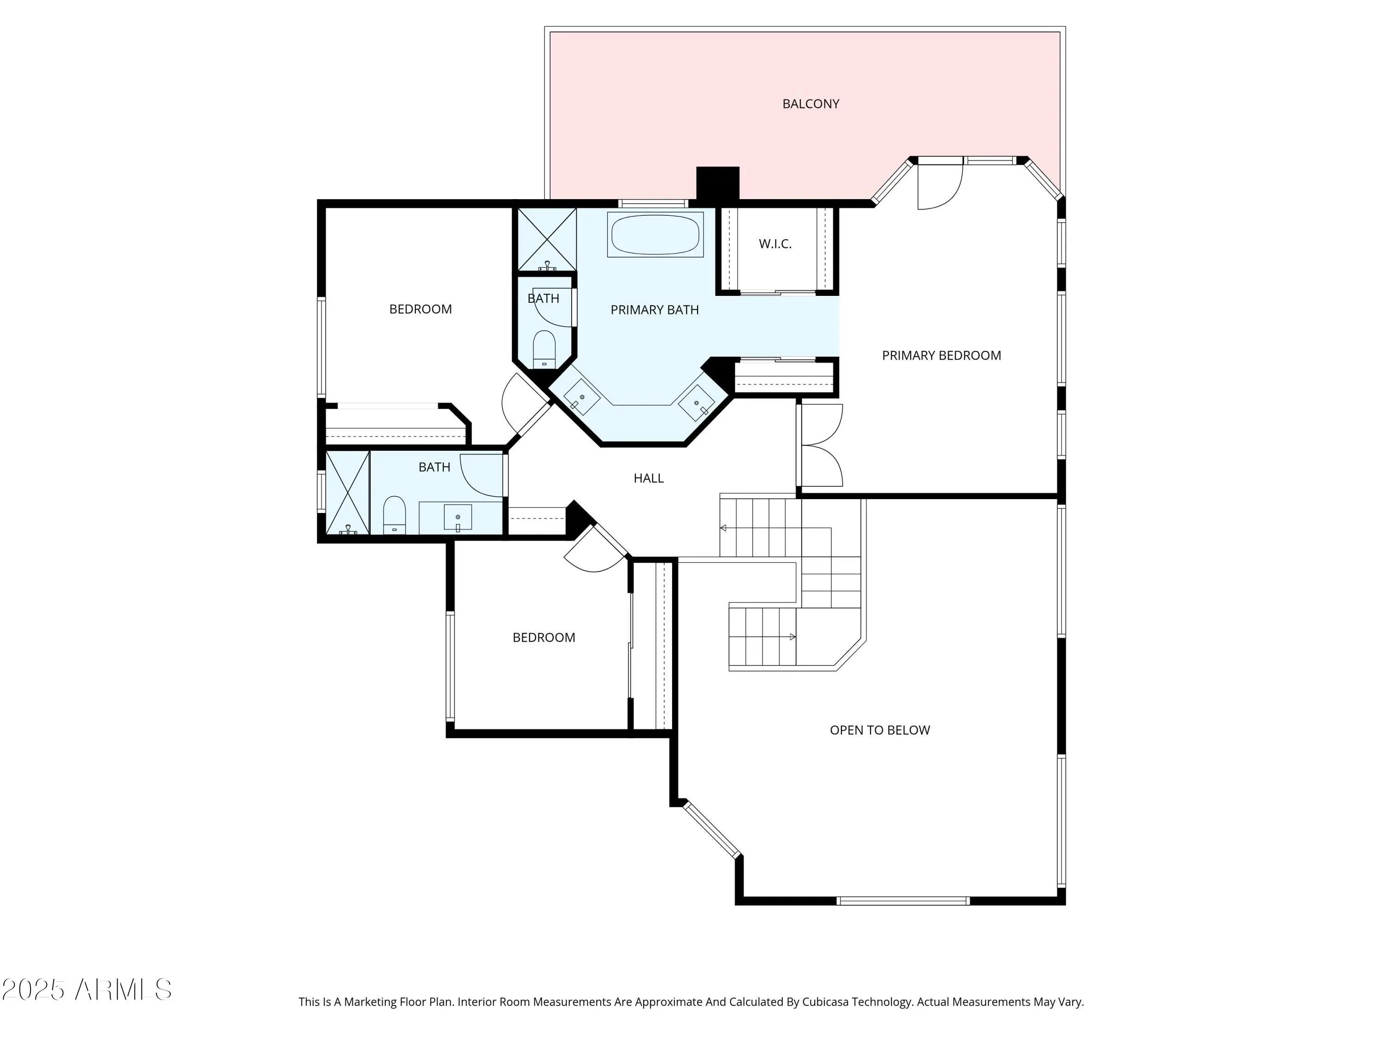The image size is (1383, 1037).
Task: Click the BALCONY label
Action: [810, 104]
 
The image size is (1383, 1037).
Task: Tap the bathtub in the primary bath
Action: [655, 235]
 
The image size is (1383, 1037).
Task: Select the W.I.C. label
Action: [775, 244]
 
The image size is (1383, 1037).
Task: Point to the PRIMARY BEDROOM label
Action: [941, 355]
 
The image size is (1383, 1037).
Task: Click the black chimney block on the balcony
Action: [718, 184]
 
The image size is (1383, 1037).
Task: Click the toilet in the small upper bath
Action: [544, 349]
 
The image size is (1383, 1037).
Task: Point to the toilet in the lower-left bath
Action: [394, 515]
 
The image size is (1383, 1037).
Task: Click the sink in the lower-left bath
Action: [458, 517]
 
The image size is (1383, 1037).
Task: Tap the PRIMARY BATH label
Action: [655, 309]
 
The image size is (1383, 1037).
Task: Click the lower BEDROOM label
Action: [544, 637]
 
